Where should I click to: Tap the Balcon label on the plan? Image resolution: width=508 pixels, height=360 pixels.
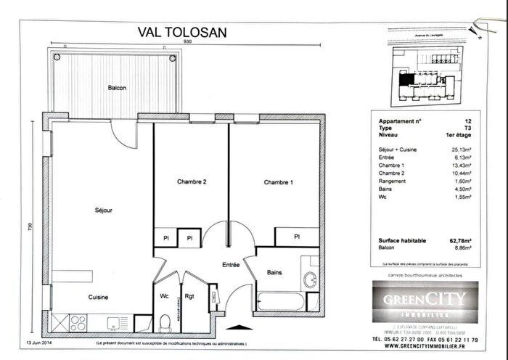pyautogui.click(x=117, y=88)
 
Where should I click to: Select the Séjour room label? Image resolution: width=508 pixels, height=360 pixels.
pyautogui.click(x=105, y=210)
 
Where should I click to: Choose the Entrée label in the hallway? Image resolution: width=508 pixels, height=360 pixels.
pyautogui.click(x=231, y=266)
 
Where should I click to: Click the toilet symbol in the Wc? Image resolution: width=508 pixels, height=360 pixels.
pyautogui.click(x=165, y=319)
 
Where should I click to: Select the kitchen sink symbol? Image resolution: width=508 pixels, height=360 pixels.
pyautogui.click(x=115, y=322)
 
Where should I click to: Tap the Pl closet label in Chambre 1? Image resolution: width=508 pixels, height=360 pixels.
pyautogui.click(x=298, y=237)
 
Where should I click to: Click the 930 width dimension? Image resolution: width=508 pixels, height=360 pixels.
pyautogui.click(x=188, y=42)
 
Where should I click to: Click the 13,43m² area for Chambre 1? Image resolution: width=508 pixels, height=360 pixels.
pyautogui.click(x=461, y=165)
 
